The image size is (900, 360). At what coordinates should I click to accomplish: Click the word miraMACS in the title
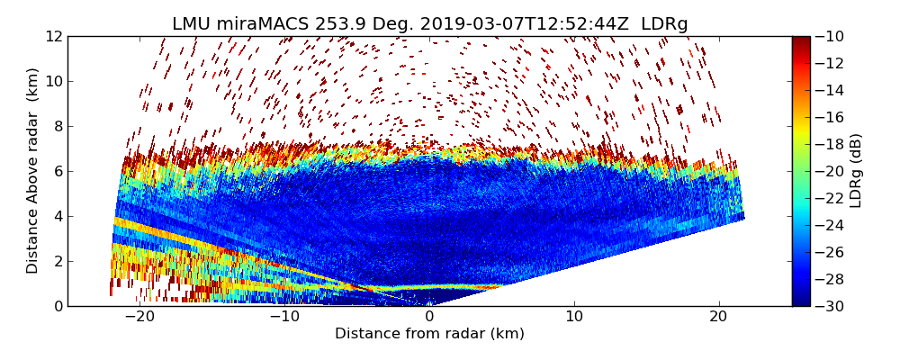[x=263, y=24]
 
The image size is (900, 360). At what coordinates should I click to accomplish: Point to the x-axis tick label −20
[x=139, y=317]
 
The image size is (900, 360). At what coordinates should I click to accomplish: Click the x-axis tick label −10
[x=284, y=317]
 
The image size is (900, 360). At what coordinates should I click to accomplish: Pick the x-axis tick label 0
[x=429, y=317]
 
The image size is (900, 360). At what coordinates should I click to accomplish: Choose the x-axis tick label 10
[x=574, y=317]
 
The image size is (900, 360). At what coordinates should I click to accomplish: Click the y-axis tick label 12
[x=54, y=36]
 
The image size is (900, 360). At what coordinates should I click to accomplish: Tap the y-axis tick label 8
[x=58, y=126]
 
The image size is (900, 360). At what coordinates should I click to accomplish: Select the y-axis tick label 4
[x=58, y=216]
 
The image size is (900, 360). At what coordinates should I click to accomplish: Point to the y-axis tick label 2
[x=58, y=261]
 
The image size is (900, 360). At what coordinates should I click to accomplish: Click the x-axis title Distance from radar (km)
[x=429, y=334]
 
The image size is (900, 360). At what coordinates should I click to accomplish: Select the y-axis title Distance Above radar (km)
[x=33, y=171]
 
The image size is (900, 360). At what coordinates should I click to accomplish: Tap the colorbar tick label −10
[x=832, y=36]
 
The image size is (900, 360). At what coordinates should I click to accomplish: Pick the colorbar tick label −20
[x=832, y=171]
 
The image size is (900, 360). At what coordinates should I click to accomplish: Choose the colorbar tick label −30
[x=832, y=306]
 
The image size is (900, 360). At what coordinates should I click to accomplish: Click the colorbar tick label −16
[x=832, y=117]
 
